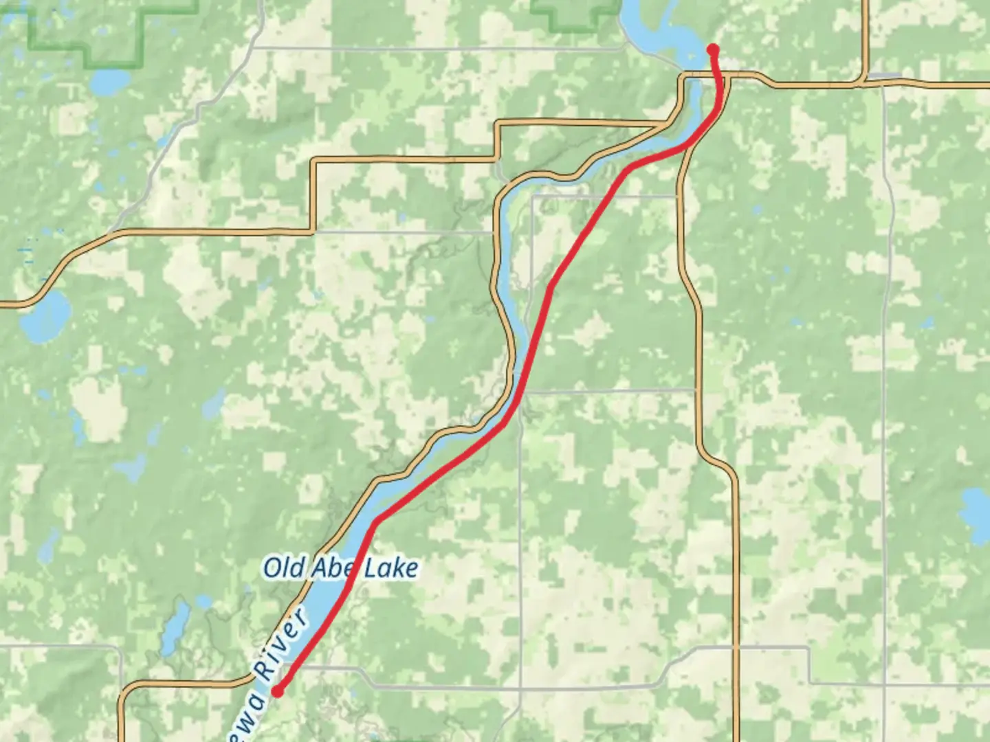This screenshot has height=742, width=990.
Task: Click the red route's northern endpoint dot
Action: pyautogui.click(x=713, y=49)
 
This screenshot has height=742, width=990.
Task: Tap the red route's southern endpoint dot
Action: pyautogui.click(x=278, y=691)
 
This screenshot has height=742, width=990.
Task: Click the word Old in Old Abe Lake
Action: pyautogui.click(x=284, y=568)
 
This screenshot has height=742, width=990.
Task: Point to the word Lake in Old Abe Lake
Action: pyautogui.click(x=390, y=568)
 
